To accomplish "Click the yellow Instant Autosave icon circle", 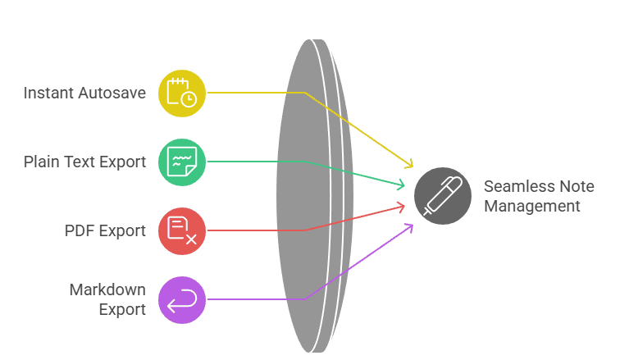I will pos(182,93).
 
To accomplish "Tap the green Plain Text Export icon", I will pos(182,162).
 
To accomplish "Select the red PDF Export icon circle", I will pos(182,230).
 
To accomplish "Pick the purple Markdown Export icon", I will pos(182,299).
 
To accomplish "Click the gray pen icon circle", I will pos(443,196).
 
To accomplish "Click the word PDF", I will pos(80,230).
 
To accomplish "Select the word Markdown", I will pos(107,290).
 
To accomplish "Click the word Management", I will pos(531,206).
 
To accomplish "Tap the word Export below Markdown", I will pos(123,309).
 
